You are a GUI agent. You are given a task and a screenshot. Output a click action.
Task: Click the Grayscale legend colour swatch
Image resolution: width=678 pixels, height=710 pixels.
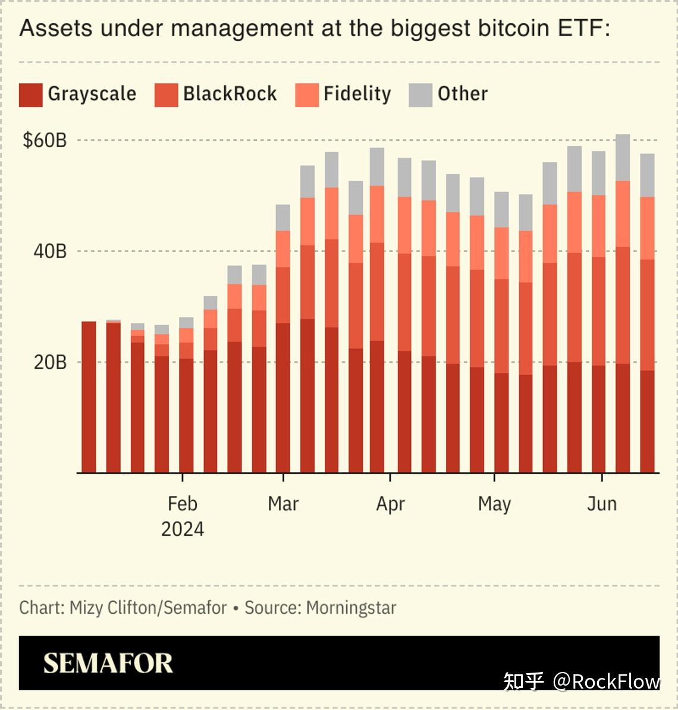click(x=30, y=95)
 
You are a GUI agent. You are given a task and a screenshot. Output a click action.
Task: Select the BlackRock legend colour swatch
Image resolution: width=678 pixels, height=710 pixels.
click(x=166, y=95)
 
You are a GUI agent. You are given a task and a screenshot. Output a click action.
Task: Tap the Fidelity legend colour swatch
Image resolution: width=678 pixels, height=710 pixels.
click(x=307, y=95)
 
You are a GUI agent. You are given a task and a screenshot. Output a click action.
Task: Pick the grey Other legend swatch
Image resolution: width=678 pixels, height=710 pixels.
click(x=420, y=95)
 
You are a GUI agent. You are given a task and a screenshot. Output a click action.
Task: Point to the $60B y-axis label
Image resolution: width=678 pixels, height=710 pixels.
click(x=44, y=140)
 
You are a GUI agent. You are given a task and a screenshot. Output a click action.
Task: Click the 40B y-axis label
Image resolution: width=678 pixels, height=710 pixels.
click(x=50, y=251)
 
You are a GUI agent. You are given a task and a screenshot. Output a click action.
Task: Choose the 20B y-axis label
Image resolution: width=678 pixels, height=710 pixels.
click(x=50, y=362)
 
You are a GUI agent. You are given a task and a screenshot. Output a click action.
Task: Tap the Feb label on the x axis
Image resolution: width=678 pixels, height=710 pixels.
click(x=182, y=504)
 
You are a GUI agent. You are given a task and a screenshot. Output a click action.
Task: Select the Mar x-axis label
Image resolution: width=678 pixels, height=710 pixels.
click(x=283, y=504)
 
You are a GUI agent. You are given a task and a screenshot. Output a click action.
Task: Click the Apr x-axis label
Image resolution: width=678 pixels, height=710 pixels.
click(x=390, y=504)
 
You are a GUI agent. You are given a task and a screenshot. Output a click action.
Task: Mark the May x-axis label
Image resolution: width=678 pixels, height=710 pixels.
click(x=494, y=504)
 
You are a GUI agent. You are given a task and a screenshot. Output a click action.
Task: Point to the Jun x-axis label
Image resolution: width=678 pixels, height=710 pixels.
click(x=602, y=504)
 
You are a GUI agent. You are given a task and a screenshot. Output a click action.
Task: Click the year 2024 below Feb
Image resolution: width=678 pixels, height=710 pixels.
click(x=182, y=529)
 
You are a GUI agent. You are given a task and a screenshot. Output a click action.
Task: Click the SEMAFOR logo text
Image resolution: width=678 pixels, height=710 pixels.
click(x=108, y=663)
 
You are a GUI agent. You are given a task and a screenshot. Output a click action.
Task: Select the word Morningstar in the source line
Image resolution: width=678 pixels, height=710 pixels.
click(x=351, y=608)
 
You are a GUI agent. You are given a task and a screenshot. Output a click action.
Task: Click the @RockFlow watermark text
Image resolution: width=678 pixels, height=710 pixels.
click(x=606, y=681)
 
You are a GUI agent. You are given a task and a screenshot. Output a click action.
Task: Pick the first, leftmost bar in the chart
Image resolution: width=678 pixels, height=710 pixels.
click(x=89, y=397)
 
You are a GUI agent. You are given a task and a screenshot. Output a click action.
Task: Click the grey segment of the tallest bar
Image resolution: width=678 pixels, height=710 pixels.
click(x=623, y=158)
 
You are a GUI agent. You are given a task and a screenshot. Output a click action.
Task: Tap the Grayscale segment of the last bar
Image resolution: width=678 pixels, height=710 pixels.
click(x=647, y=422)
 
